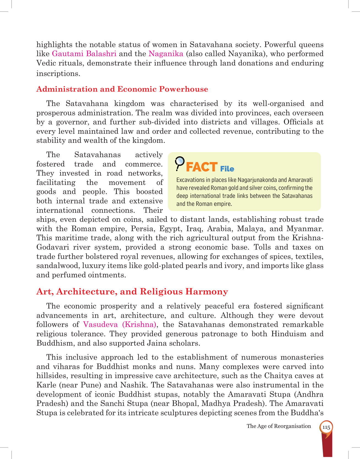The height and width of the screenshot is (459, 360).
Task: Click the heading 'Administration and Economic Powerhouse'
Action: click(x=122, y=89)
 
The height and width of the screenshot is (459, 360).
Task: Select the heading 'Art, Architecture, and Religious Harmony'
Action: click(x=132, y=291)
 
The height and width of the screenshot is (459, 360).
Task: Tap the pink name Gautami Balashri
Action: click(x=84, y=54)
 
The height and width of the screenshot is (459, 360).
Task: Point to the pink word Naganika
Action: click(x=166, y=54)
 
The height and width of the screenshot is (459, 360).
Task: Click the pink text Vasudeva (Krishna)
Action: click(x=120, y=324)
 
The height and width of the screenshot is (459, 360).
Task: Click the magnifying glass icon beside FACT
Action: click(x=179, y=163)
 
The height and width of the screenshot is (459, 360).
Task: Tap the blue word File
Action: click(x=227, y=169)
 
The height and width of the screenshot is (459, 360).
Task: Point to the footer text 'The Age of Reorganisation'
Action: click(x=279, y=426)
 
